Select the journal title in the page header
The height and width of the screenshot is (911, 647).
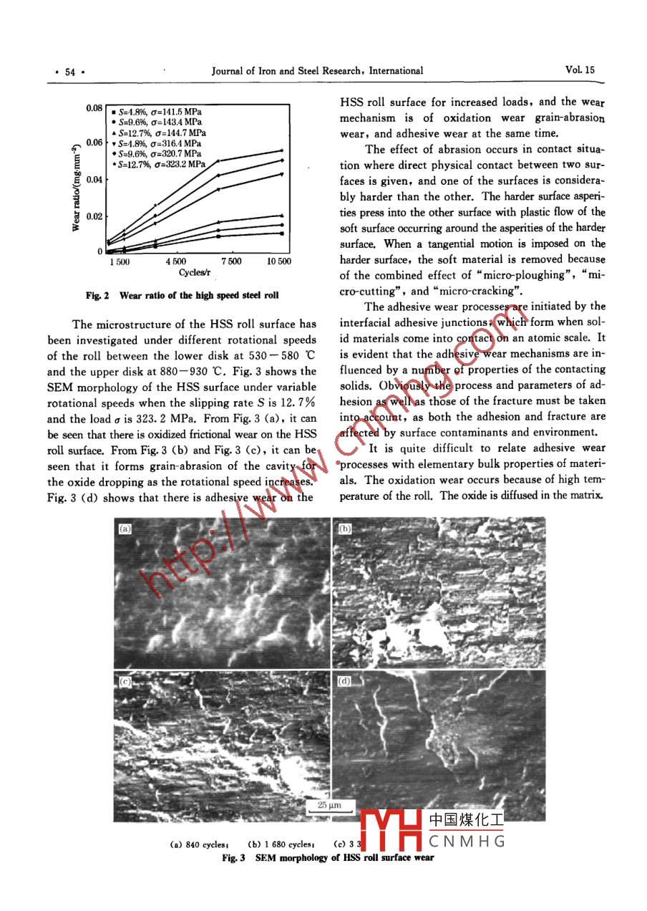coord(317,70)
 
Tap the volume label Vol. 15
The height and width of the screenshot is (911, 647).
coord(579,70)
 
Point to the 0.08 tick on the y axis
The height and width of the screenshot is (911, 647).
coord(95,108)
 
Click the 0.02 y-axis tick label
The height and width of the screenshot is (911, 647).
coord(95,216)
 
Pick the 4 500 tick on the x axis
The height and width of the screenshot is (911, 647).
coord(176,262)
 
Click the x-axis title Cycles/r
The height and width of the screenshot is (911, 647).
coord(193,273)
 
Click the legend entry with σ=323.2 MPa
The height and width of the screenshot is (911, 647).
coord(162,165)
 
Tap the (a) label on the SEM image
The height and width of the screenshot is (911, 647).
coord(125,529)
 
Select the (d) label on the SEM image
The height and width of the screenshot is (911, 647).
coord(344,680)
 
